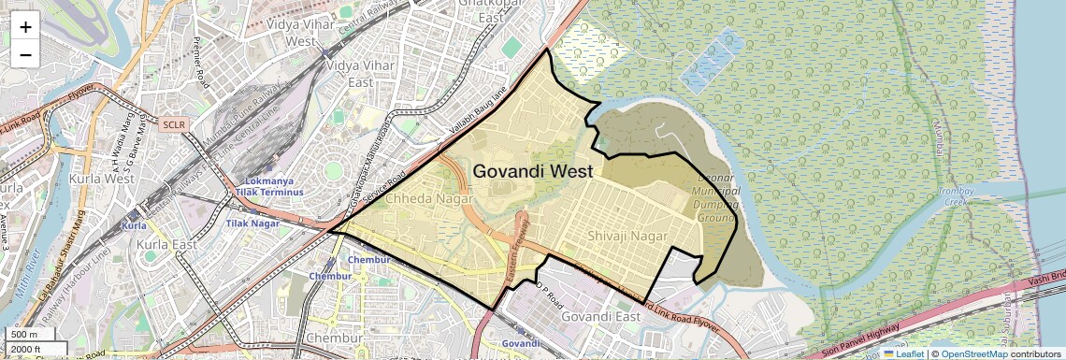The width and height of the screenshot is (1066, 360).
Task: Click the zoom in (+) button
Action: point(25,26)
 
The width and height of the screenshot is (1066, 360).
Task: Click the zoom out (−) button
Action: point(25,54)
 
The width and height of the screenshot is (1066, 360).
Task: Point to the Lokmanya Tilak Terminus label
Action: point(273,185)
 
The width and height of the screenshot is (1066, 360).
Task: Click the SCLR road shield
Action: point(174,123)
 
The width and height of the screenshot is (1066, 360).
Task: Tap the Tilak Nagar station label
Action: point(251,223)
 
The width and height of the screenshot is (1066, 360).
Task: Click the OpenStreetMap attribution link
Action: point(974,353)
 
